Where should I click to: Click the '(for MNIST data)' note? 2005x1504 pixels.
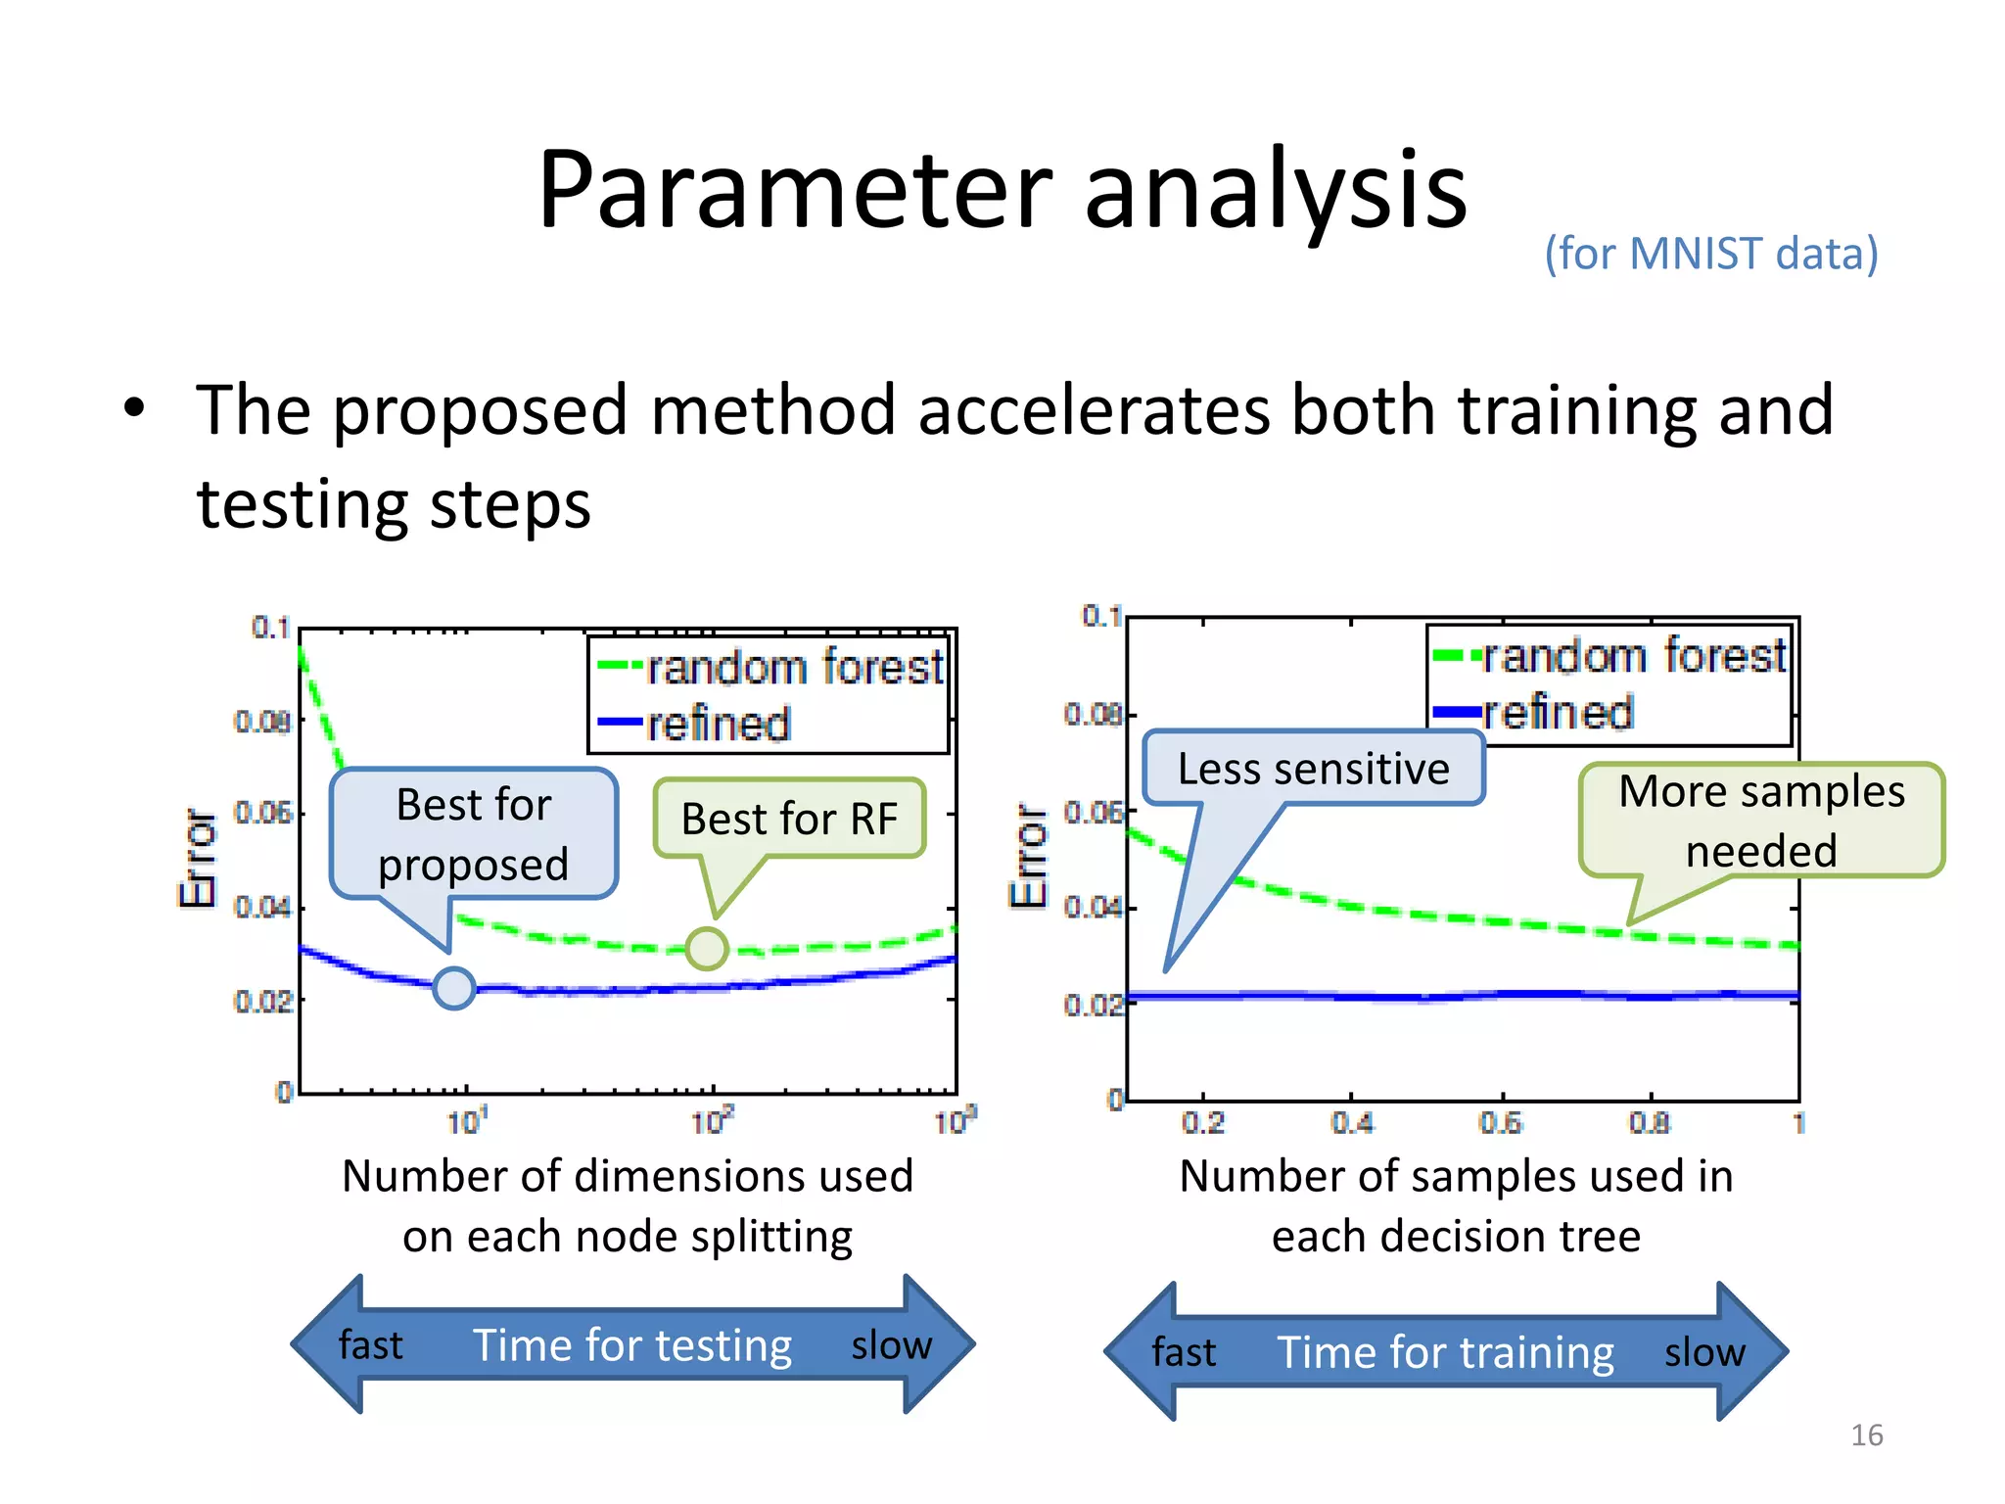point(1710,254)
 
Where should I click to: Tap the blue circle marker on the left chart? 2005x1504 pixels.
point(454,988)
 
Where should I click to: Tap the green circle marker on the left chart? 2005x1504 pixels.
point(706,948)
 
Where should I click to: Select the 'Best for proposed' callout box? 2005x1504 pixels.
point(474,833)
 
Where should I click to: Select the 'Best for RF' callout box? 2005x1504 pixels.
point(789,819)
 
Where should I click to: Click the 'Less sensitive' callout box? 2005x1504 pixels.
point(1313,769)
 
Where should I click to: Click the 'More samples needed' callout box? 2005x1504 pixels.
point(1761,821)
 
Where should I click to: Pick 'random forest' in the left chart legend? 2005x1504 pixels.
point(794,668)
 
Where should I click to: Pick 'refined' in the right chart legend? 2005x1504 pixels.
point(1558,713)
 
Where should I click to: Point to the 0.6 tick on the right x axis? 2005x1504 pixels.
point(1501,1122)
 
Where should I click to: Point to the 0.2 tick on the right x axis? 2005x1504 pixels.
point(1203,1122)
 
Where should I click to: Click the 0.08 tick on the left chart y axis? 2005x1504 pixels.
point(262,722)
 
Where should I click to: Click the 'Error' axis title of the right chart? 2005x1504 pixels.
point(1028,857)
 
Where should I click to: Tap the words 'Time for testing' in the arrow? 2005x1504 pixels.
point(632,1345)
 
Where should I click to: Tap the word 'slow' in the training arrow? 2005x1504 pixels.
point(1704,1352)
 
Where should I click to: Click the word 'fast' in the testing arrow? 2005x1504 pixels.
point(370,1345)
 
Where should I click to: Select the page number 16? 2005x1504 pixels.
point(1866,1435)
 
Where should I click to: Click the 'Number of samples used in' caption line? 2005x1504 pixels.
point(1456,1176)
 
